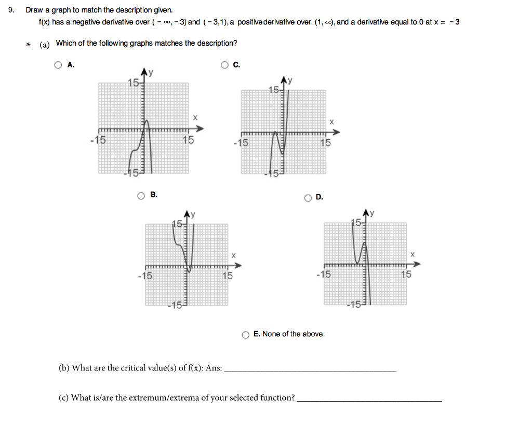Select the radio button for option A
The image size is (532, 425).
click(58, 65)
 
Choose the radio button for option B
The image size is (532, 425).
click(141, 196)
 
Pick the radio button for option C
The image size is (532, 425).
click(224, 65)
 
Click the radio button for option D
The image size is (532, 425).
click(308, 198)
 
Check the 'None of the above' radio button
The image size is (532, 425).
click(246, 335)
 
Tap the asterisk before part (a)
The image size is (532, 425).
click(29, 45)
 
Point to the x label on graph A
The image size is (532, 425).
click(195, 118)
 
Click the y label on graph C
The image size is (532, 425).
click(290, 80)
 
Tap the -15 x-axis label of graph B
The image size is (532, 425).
click(145, 276)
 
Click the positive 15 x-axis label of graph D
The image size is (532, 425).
click(406, 275)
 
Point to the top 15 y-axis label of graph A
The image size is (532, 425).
click(134, 84)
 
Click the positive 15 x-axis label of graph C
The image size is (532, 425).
click(325, 143)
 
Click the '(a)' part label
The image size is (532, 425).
click(45, 45)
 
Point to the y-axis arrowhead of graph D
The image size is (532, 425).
click(368, 212)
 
